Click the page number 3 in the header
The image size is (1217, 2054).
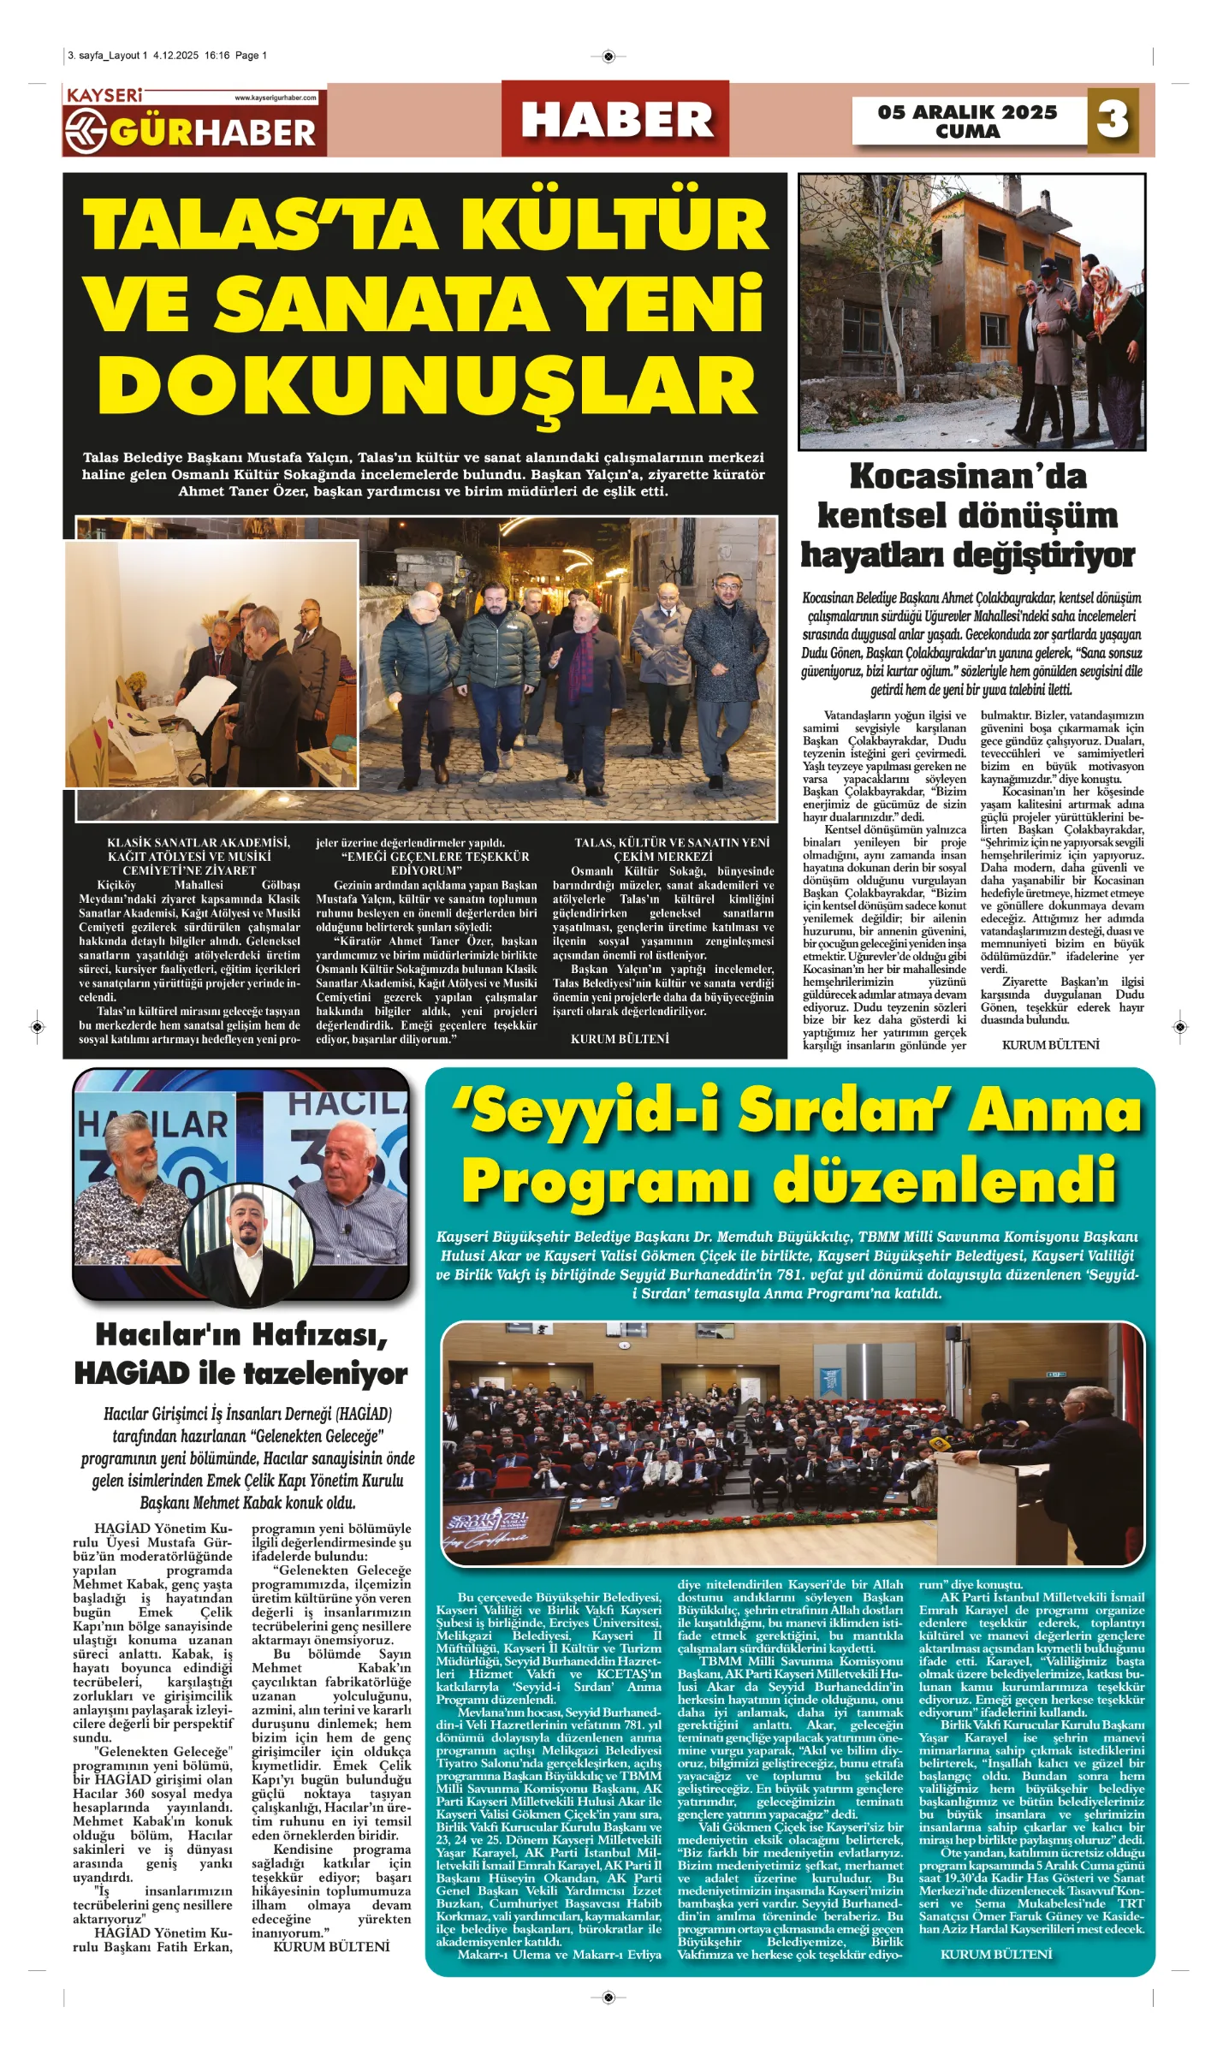(1112, 120)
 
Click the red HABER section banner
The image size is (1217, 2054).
(615, 120)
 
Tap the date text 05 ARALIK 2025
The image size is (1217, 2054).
(967, 112)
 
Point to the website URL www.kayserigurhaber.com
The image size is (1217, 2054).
(276, 98)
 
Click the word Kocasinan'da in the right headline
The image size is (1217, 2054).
(967, 476)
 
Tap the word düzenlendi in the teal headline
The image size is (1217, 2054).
(945, 1180)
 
